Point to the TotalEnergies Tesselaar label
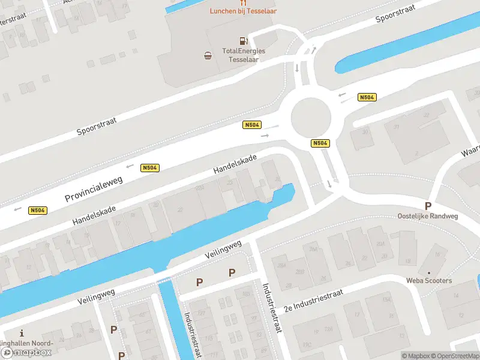tap(244, 55)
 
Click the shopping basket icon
tap(208, 56)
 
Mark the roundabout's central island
tap(311, 117)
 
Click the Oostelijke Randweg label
tap(428, 216)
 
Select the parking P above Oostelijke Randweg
tap(428, 206)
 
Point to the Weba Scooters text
tap(429, 280)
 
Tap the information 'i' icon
tap(22, 333)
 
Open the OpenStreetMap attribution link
tap(454, 356)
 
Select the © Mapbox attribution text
tap(416, 356)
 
